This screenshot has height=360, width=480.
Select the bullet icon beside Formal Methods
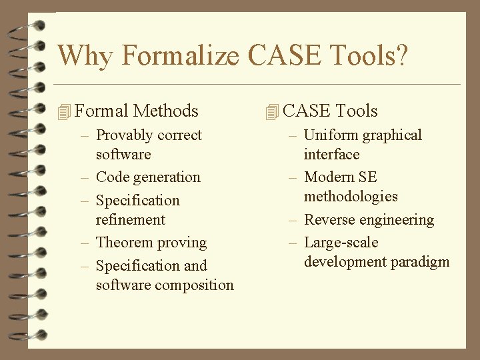tap(64, 112)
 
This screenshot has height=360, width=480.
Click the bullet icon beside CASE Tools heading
tap(271, 112)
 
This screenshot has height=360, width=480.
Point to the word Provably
tap(123, 135)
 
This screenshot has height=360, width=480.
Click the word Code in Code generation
tap(112, 177)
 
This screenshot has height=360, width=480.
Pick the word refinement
tap(130, 220)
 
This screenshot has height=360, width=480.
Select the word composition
tap(194, 285)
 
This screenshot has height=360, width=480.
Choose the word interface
tap(331, 155)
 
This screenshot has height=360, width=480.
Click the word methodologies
tap(351, 197)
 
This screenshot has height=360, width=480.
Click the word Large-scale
tap(341, 243)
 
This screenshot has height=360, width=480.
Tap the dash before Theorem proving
tap(85, 243)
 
